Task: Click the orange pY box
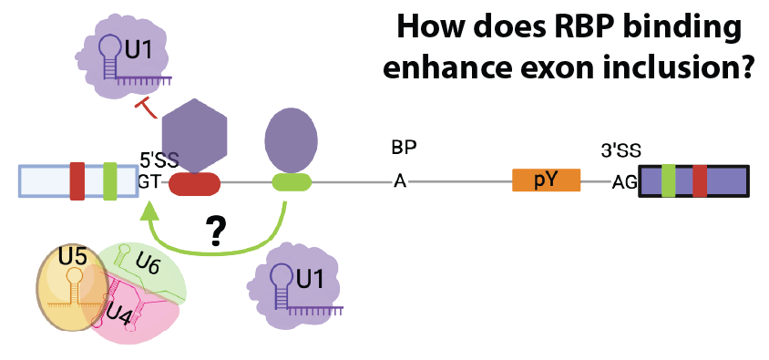point(547,180)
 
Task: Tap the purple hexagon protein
point(194,136)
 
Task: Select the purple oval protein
point(291,139)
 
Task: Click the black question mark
point(215,232)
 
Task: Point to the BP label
point(405,149)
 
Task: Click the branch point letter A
point(400,182)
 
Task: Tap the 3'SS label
point(620,151)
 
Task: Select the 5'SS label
point(159,160)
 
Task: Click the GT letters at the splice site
point(149,182)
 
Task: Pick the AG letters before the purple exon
point(624,183)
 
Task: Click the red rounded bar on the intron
point(195,184)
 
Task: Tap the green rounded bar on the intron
point(292,181)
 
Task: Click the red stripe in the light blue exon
point(77,181)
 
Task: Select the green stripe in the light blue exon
point(110,181)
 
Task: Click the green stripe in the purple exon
point(669,181)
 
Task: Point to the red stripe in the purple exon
point(700,181)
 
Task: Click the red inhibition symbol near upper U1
point(146,108)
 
